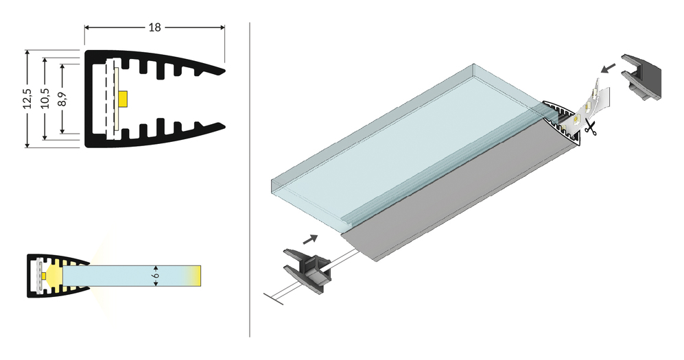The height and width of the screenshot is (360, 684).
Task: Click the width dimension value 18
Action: click(154, 27)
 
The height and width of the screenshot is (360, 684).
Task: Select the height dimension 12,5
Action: click(27, 98)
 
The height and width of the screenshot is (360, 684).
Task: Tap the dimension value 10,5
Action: click(45, 98)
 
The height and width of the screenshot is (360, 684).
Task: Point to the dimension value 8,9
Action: click(62, 98)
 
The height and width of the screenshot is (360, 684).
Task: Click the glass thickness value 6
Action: click(157, 275)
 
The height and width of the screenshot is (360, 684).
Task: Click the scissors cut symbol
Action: click(590, 127)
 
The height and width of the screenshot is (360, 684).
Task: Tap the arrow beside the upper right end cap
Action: click(606, 68)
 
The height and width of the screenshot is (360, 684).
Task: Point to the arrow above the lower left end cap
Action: click(309, 239)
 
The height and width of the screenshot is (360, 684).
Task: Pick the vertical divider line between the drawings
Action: click(249, 178)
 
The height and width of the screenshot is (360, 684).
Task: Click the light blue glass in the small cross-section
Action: click(123, 275)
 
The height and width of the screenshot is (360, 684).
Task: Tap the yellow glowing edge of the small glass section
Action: click(196, 275)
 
